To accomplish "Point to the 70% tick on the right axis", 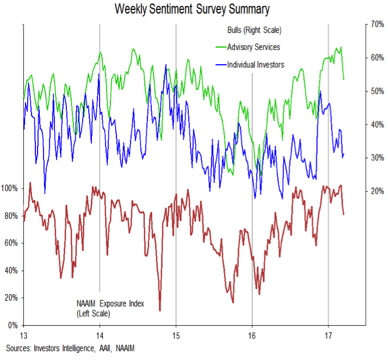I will click(377, 25).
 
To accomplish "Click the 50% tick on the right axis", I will click(377, 91).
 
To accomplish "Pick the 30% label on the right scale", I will click(377, 158).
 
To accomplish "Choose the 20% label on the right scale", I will click(377, 191).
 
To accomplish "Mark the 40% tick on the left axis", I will click(11, 271).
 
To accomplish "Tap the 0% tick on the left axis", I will click(13, 326).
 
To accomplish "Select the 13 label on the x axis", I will click(23, 334).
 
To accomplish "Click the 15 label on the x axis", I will click(176, 334).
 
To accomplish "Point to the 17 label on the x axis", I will click(328, 334).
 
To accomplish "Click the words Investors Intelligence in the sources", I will click(60, 347).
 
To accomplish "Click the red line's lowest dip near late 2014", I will click(160, 310).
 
